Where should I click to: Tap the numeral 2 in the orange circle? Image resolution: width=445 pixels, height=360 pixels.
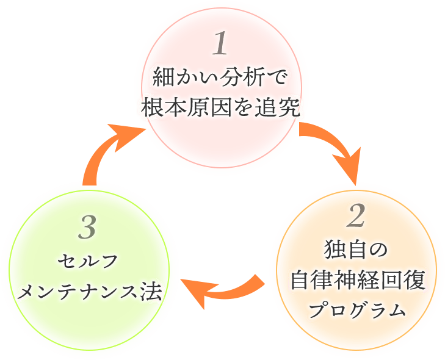pyautogui.click(x=356, y=215)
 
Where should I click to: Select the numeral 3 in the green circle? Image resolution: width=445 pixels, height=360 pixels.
pyautogui.click(x=88, y=228)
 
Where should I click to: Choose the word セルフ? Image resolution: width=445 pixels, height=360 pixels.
pyautogui.click(x=87, y=262)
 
